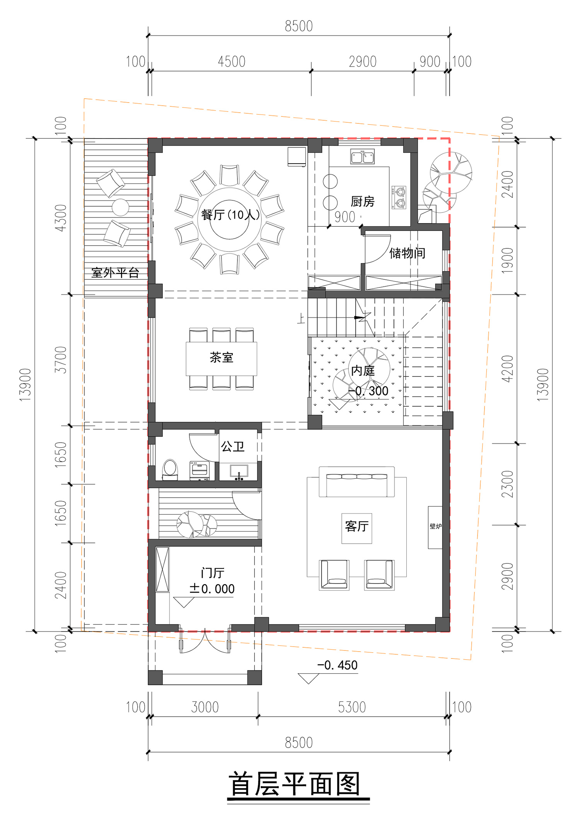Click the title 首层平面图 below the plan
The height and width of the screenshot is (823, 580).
coord(295,784)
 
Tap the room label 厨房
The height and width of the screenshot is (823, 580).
coord(363,201)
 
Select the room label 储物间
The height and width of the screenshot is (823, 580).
coord(407,253)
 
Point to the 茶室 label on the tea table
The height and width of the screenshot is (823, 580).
coord(222,357)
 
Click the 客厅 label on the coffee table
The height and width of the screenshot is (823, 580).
coord(357,526)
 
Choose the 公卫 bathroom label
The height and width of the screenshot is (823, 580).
coord(233,447)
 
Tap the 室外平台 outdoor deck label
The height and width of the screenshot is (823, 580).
coord(115,273)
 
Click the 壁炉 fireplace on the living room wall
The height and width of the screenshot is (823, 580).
coord(435,527)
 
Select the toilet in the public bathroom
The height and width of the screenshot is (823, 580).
coord(170,469)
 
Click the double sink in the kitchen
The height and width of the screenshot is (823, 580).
coord(362,156)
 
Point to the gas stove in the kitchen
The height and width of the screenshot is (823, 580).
coord(399,197)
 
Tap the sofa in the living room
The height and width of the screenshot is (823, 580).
coord(357,482)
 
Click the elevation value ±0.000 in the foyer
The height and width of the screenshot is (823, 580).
coord(212,589)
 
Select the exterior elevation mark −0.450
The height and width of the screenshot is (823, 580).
coord(337,665)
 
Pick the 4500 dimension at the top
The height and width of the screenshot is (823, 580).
coord(232,62)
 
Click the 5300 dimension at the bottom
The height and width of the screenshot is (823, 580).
coord(352,707)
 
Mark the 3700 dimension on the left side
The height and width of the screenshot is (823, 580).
coord(61,360)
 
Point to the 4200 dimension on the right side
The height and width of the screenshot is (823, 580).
coord(507,369)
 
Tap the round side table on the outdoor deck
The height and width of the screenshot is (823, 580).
coord(120,207)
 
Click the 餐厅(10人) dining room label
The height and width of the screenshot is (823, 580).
coord(230,214)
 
